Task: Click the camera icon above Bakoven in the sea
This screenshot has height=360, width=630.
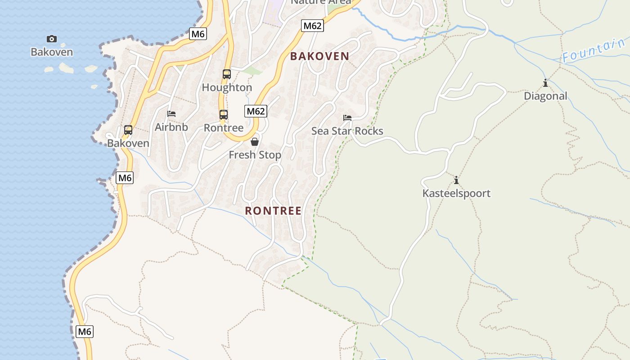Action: (52, 39)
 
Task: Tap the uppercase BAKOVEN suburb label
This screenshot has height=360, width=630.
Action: (319, 56)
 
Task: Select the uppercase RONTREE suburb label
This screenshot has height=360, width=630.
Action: (273, 211)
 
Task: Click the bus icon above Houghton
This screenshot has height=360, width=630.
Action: (227, 74)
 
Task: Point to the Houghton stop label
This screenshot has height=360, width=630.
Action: (227, 87)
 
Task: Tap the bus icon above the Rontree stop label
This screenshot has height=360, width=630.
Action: (224, 115)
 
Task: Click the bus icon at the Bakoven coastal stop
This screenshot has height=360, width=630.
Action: (128, 130)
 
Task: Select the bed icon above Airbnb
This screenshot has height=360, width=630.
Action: (171, 114)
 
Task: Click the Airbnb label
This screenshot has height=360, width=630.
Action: (171, 127)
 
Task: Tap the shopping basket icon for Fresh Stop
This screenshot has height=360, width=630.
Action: (255, 142)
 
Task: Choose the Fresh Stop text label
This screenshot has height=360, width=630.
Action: (255, 155)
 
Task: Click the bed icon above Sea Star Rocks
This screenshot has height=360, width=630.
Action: (347, 118)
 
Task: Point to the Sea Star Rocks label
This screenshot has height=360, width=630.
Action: (347, 131)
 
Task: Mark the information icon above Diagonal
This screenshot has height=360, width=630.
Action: (545, 83)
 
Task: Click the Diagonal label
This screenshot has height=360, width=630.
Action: (545, 96)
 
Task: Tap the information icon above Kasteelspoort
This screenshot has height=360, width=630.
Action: (456, 180)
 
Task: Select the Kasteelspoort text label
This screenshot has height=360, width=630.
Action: (456, 193)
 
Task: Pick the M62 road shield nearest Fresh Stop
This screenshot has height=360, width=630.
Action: (256, 111)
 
